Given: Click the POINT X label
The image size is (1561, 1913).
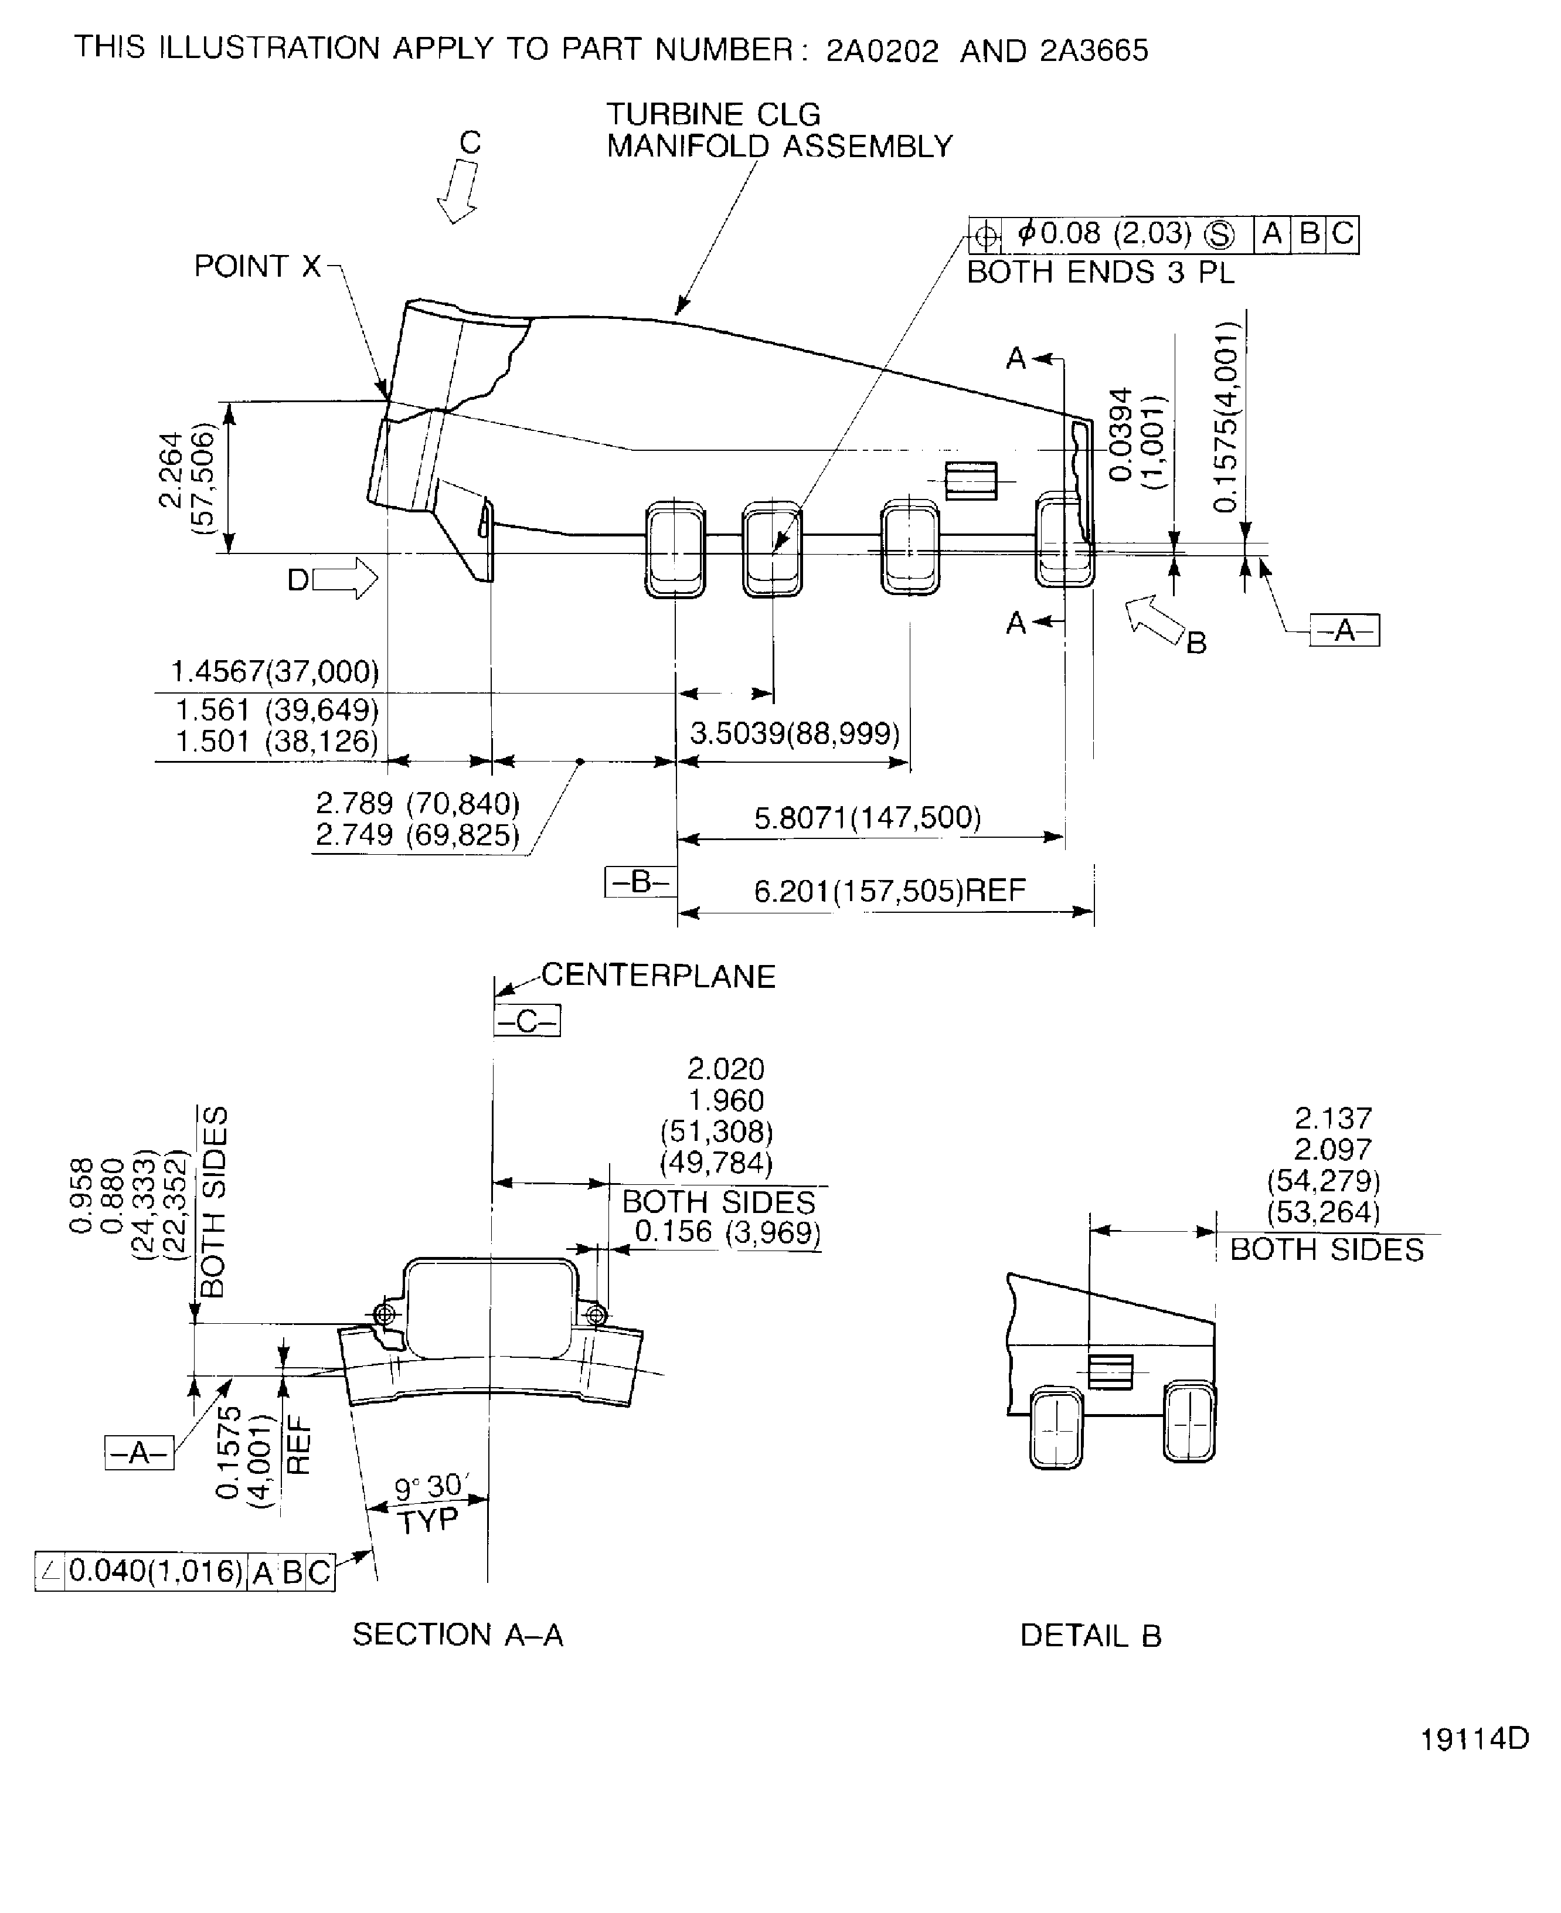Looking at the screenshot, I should click(x=257, y=266).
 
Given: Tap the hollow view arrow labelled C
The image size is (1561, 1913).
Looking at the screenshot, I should click(x=458, y=192).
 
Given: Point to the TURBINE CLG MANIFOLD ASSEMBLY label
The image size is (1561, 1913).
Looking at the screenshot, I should click(x=778, y=130).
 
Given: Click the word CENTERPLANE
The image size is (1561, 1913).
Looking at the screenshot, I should click(x=658, y=976).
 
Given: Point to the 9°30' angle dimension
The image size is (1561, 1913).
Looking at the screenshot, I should click(x=431, y=1487).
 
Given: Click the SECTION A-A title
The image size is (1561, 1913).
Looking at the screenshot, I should click(x=458, y=1634).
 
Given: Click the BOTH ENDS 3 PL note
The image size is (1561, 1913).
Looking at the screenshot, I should click(x=1101, y=271).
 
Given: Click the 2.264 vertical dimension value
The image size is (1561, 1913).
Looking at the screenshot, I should click(x=171, y=470).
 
